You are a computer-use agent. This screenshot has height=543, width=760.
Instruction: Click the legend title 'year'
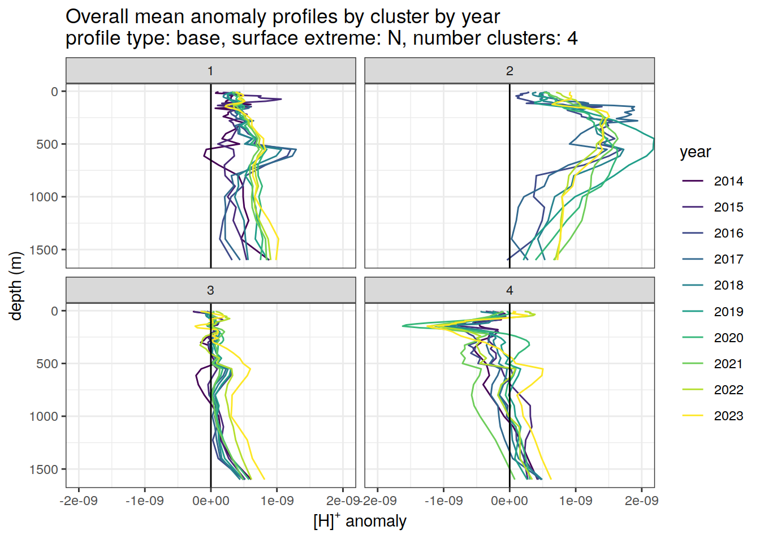click(x=695, y=152)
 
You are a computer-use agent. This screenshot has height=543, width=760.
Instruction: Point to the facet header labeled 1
click(x=210, y=71)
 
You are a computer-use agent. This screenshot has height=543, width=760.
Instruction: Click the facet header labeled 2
click(x=509, y=71)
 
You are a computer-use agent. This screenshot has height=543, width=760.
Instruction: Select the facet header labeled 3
click(x=210, y=290)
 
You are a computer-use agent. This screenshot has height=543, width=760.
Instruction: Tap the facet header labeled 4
click(x=509, y=290)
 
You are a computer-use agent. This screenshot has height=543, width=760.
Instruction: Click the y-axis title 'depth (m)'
click(x=16, y=286)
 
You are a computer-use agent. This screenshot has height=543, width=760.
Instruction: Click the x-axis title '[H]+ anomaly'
click(x=360, y=521)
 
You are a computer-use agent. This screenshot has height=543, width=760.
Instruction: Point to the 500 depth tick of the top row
click(x=47, y=144)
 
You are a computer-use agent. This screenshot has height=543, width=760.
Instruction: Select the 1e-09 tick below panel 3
click(x=277, y=501)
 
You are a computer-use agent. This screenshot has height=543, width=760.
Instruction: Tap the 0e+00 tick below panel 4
click(x=509, y=501)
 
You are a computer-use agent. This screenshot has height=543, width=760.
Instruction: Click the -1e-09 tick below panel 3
click(x=145, y=501)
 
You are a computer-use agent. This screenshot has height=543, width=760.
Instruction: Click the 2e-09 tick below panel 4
click(x=642, y=501)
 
